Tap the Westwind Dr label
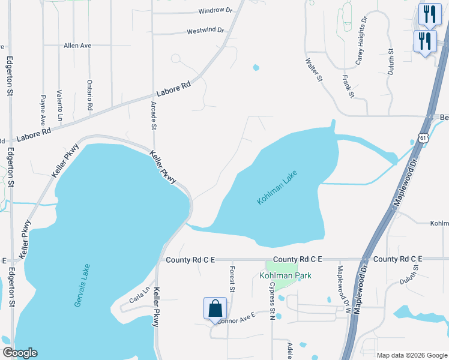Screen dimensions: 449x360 [205, 30]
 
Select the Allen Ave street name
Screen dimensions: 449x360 [77, 45]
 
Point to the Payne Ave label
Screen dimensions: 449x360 [43, 107]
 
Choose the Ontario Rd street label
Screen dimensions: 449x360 [90, 95]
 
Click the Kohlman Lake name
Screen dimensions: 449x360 [277, 187]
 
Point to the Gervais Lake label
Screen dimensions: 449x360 [82, 286]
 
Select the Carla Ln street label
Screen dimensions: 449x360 [138, 299]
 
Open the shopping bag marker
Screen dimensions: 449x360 [215, 308]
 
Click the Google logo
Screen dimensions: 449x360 [20, 353]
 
